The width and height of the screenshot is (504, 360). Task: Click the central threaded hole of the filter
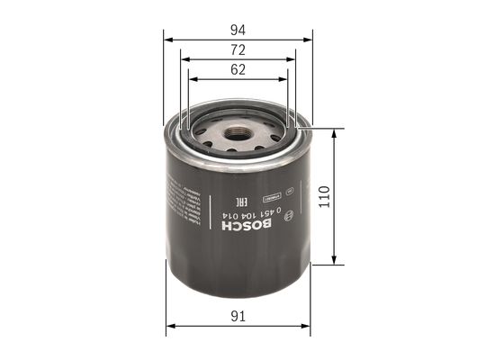(238, 138)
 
